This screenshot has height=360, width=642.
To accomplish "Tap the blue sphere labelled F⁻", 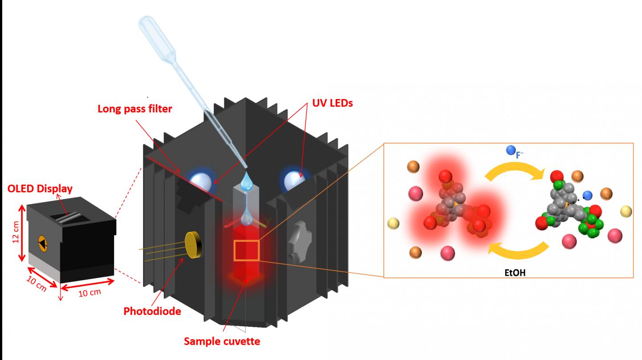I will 511,151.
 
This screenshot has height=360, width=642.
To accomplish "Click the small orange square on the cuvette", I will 247,250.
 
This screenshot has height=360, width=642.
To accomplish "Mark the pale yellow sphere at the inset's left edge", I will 393,223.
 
